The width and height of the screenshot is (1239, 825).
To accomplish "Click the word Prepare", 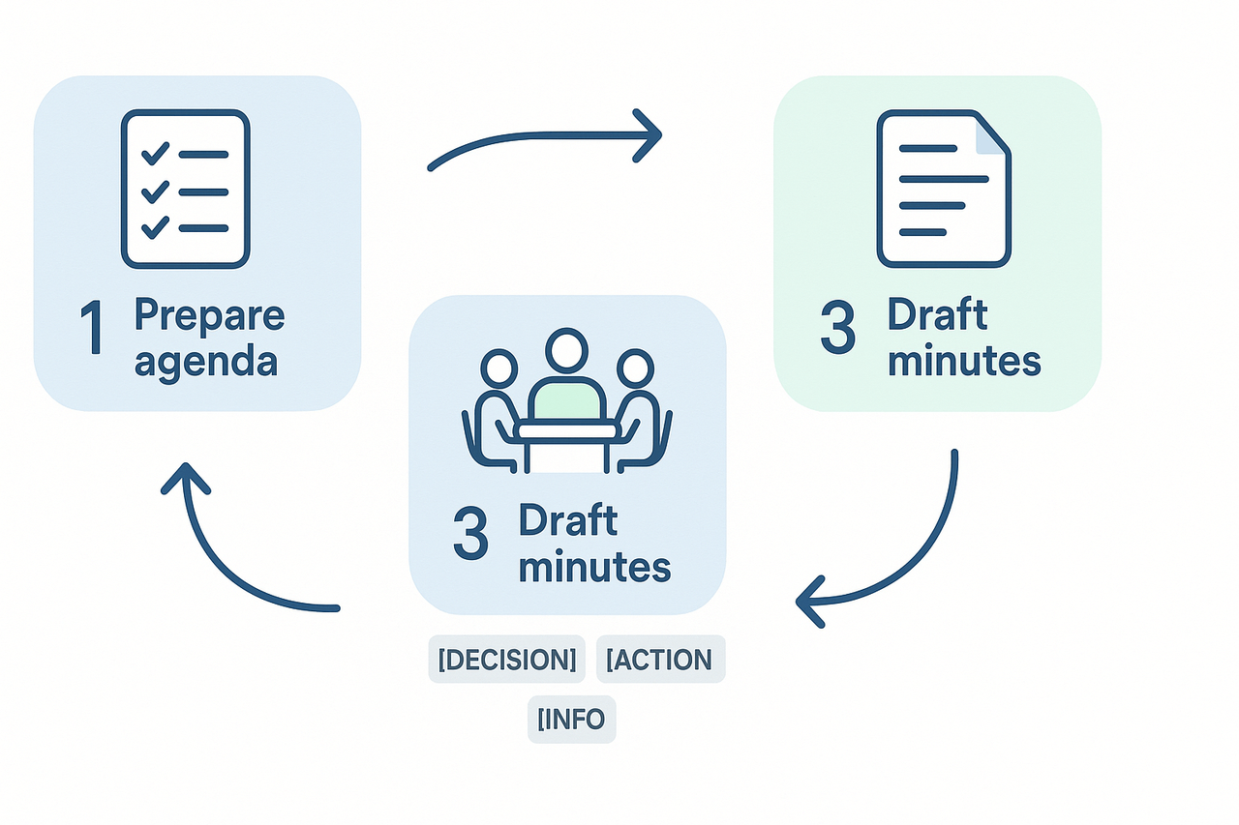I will [209, 315].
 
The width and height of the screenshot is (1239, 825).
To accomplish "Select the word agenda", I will [206, 362].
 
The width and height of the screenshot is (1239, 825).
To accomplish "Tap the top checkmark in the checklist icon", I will [155, 154].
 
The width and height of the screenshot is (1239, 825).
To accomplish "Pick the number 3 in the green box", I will [837, 331].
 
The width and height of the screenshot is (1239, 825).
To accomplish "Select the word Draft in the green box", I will [937, 315].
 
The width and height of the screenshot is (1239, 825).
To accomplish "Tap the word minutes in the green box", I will [963, 362].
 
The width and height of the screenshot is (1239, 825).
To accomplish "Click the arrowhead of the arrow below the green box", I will [808, 602].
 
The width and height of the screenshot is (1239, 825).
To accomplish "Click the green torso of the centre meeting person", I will [566, 399].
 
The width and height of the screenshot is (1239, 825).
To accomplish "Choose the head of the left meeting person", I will [500, 369].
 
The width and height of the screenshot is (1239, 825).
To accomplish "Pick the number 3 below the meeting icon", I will [470, 536].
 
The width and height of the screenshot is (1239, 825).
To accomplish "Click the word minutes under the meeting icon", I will [594, 567].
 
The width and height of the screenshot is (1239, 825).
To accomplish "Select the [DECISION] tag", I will [506, 661].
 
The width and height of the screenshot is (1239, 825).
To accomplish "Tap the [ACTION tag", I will [660, 661].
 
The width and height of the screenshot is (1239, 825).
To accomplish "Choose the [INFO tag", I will [571, 720].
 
